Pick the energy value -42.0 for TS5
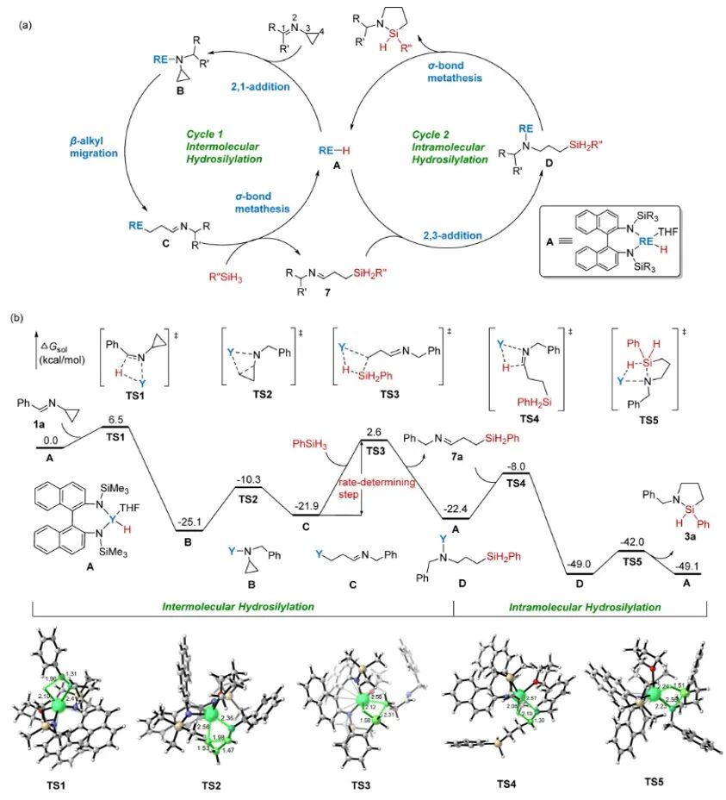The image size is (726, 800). pyautogui.click(x=634, y=543)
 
